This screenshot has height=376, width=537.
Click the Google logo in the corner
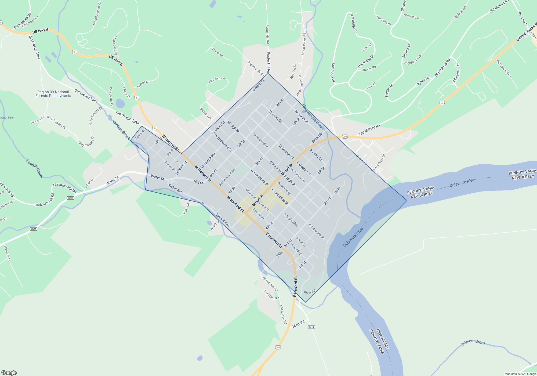point(9,373)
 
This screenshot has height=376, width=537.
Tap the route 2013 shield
point(311,327)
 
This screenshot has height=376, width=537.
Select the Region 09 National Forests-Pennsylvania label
point(53,94)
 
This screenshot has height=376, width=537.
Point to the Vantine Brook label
point(121,130)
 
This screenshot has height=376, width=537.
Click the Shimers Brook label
point(473,342)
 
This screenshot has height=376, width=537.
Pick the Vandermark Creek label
point(314,116)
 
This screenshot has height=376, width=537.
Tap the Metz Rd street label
point(298,324)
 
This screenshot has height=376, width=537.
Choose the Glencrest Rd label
point(271,295)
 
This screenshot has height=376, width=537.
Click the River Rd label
point(310,292)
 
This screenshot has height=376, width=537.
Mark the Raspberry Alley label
point(227,177)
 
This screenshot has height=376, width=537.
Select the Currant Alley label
point(208,161)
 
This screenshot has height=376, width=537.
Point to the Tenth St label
point(140,134)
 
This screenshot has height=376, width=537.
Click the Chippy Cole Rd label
point(256,68)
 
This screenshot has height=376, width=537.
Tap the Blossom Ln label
point(217,80)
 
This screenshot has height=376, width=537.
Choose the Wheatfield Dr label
point(456,72)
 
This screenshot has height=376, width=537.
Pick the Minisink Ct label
point(384,21)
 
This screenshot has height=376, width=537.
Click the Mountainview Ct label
point(97,13)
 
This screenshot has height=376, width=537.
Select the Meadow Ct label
point(7,253)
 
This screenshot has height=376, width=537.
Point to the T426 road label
point(280,254)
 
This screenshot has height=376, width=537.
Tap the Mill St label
point(198,182)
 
